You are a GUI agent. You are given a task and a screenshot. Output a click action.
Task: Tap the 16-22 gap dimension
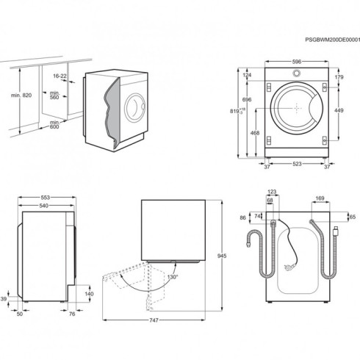coord(60,76)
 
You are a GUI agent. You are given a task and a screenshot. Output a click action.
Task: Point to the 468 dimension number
coord(253,133)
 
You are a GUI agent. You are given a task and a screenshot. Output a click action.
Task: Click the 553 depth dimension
coord(47,198)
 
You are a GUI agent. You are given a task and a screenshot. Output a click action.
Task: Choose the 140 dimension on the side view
coord(88,294)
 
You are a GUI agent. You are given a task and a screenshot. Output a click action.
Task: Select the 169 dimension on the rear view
coord(320,198)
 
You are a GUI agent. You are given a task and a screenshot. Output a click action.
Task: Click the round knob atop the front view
coord(296,73)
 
